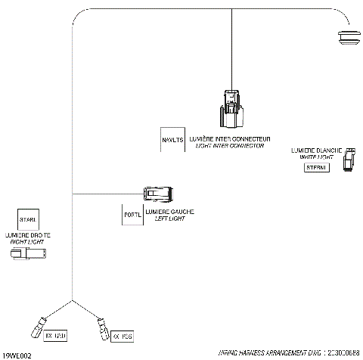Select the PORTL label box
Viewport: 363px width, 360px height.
click(x=132, y=215)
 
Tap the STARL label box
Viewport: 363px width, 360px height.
click(x=28, y=219)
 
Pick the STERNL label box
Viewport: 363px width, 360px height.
click(x=315, y=167)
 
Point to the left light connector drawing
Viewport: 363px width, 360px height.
click(x=159, y=194)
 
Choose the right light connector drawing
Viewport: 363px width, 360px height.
click(x=27, y=256)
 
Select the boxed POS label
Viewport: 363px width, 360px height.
click(x=122, y=335)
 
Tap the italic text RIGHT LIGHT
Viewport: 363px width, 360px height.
click(x=28, y=242)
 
